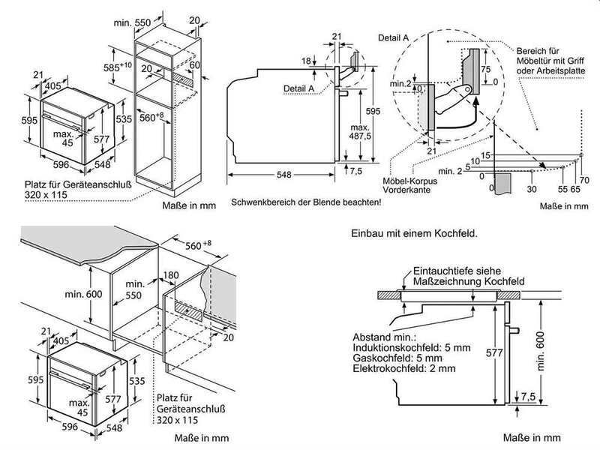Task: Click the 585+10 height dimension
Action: (x=118, y=67)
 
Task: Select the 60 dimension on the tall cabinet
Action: (x=195, y=64)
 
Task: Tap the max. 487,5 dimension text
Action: (x=360, y=132)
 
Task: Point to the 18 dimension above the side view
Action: (x=306, y=61)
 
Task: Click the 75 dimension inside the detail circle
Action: (x=485, y=69)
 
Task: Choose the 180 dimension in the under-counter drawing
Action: (x=171, y=275)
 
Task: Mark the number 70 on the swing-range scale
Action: (x=584, y=180)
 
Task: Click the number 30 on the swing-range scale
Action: (x=532, y=189)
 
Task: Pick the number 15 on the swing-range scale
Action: (x=485, y=155)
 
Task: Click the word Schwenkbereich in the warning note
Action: (x=260, y=202)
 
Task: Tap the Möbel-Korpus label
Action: (x=409, y=181)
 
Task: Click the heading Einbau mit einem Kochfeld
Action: (x=415, y=233)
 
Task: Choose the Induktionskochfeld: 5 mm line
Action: (x=412, y=348)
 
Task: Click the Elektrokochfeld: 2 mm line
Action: (x=404, y=368)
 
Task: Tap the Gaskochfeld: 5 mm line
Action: (x=397, y=358)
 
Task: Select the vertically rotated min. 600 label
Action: (x=540, y=351)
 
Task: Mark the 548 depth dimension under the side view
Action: (x=284, y=175)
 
